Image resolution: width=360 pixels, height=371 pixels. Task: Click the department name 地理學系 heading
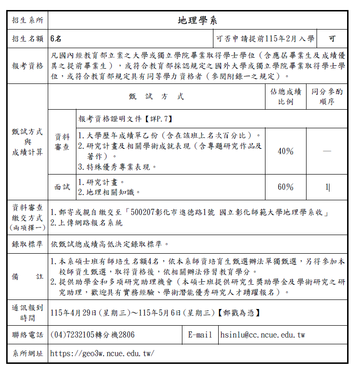click(x=197, y=20)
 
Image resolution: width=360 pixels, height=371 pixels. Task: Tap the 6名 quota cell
click(x=56, y=39)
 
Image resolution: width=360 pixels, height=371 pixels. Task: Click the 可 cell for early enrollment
click(x=332, y=39)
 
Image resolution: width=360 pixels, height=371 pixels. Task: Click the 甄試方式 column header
click(x=156, y=97)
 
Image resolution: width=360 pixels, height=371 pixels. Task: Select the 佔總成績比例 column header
click(x=286, y=97)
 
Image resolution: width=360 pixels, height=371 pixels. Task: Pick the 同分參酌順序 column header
click(x=327, y=97)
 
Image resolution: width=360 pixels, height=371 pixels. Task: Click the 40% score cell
click(x=286, y=151)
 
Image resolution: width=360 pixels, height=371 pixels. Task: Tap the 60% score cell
click(x=286, y=187)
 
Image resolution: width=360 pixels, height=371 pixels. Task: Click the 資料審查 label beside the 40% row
click(x=62, y=142)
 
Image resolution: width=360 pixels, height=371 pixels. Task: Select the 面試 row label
click(x=62, y=187)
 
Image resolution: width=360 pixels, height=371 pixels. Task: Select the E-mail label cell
click(x=200, y=335)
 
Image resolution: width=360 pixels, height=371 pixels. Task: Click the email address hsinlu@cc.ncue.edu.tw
click(x=263, y=335)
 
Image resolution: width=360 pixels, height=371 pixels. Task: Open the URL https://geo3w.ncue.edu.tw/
click(x=102, y=354)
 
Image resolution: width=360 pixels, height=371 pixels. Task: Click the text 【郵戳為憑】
click(x=238, y=313)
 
